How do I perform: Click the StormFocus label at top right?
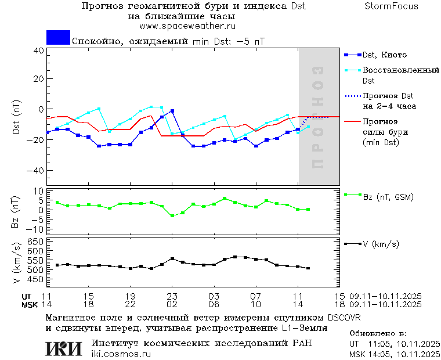pos(391,6)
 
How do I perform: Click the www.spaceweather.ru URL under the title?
pos(187,26)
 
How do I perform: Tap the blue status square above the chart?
pos(58,37)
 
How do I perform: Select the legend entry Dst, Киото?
pos(384,55)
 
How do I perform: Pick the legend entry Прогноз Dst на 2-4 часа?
pos(388,101)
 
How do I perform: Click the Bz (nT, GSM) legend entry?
pos(388,197)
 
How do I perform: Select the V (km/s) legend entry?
pos(381,244)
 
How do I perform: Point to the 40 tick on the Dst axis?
pos(39,51)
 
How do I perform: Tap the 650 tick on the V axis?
pos(36,241)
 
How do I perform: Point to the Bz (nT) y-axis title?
pos(16,210)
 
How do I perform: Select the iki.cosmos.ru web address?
pos(121,354)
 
